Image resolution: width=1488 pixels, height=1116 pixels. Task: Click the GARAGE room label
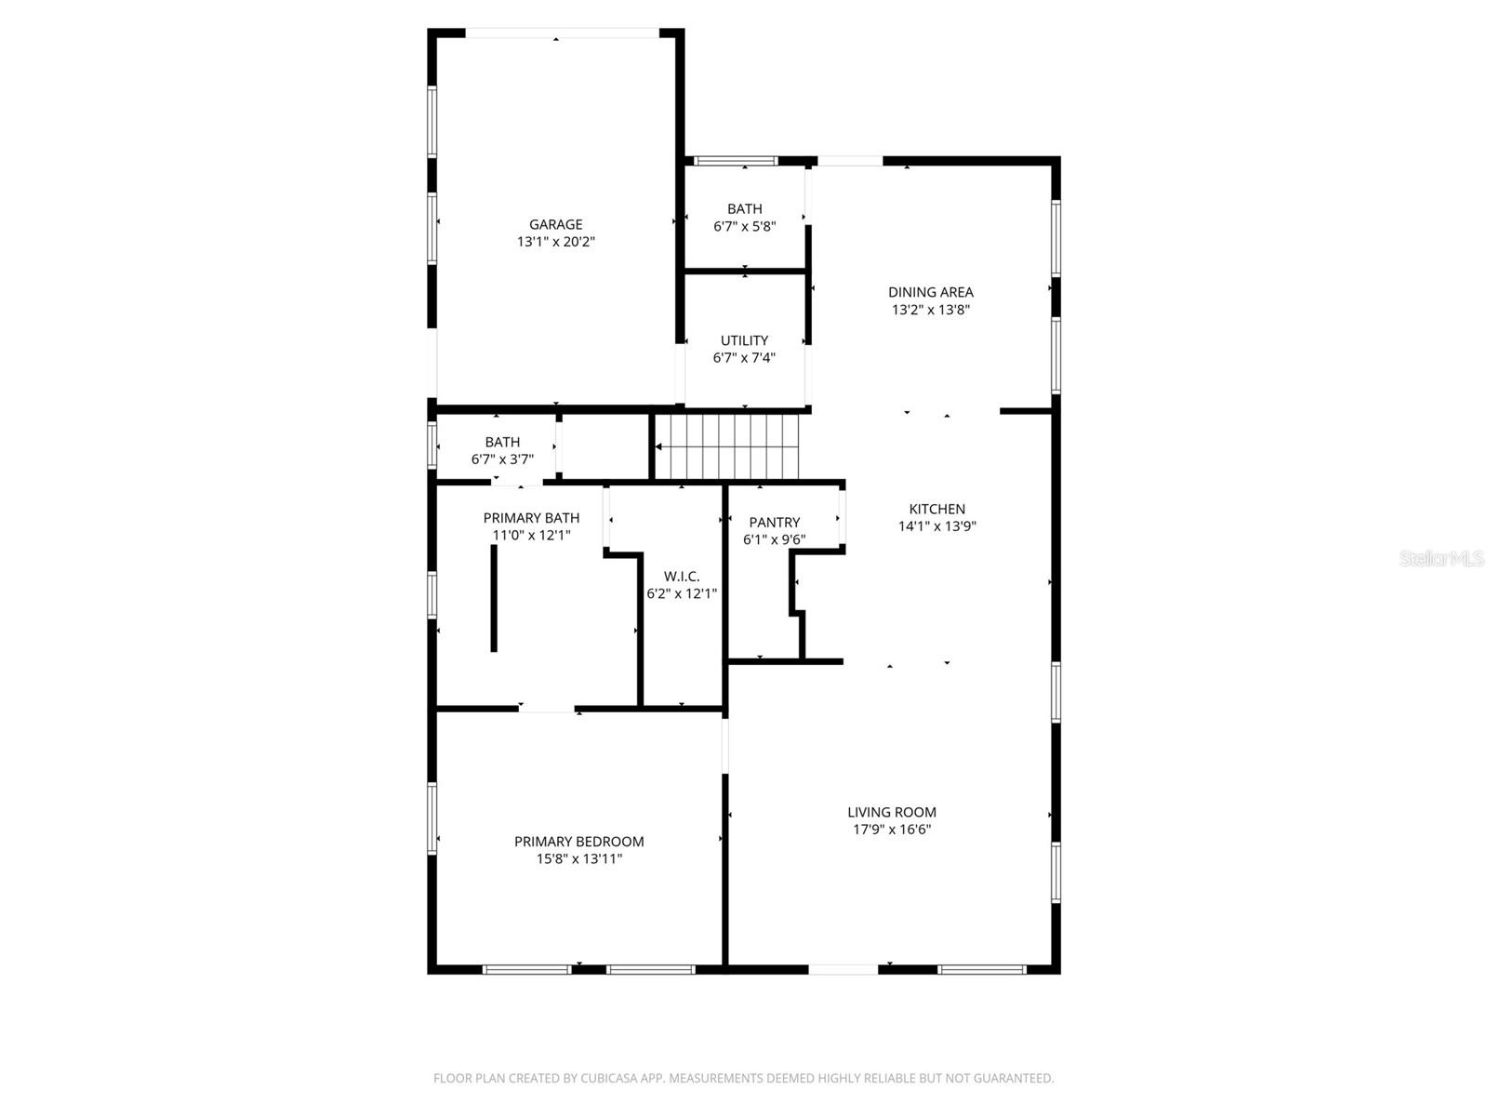(x=555, y=224)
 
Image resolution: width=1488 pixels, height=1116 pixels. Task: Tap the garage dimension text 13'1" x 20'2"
(x=555, y=242)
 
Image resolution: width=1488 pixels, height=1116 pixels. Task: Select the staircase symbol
(x=727, y=446)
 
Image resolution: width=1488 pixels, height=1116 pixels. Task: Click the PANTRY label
(x=774, y=523)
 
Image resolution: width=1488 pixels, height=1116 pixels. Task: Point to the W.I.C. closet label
(x=682, y=577)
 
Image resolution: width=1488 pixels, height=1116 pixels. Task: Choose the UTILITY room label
(x=744, y=340)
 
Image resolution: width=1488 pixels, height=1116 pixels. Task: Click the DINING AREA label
(x=930, y=292)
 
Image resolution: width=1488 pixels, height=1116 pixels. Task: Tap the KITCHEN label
(x=937, y=509)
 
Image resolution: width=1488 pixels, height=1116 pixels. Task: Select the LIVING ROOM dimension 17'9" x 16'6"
(x=891, y=830)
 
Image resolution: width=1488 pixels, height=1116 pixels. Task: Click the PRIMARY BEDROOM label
(x=578, y=842)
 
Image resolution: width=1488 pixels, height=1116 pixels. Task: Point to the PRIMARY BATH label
(x=531, y=518)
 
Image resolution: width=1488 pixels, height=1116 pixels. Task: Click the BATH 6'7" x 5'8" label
(x=744, y=209)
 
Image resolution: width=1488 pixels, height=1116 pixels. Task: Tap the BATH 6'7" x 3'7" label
(x=502, y=442)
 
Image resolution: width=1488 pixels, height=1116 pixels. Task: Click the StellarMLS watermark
(x=1441, y=559)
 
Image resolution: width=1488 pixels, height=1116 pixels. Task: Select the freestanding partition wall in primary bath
(x=494, y=598)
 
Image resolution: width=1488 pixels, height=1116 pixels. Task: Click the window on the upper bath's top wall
(x=736, y=161)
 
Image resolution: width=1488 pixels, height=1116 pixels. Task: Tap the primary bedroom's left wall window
(x=432, y=818)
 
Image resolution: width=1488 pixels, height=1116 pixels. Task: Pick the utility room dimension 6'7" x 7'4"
(x=744, y=358)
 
